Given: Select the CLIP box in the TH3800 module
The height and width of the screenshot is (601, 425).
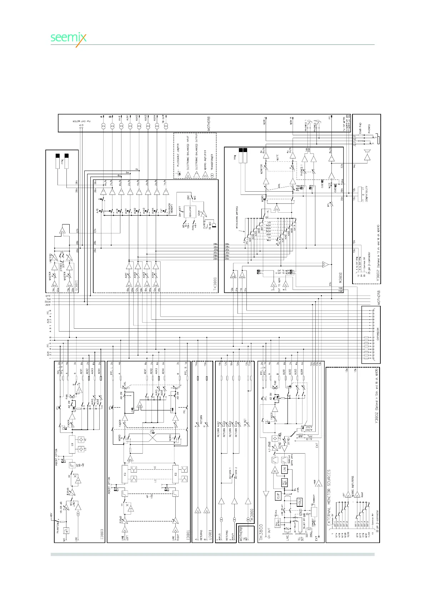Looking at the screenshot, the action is point(279,496).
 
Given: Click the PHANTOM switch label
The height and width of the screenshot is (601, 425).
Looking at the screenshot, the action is point(58,526).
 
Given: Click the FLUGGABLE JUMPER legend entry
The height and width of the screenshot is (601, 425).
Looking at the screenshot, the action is point(178,153).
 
